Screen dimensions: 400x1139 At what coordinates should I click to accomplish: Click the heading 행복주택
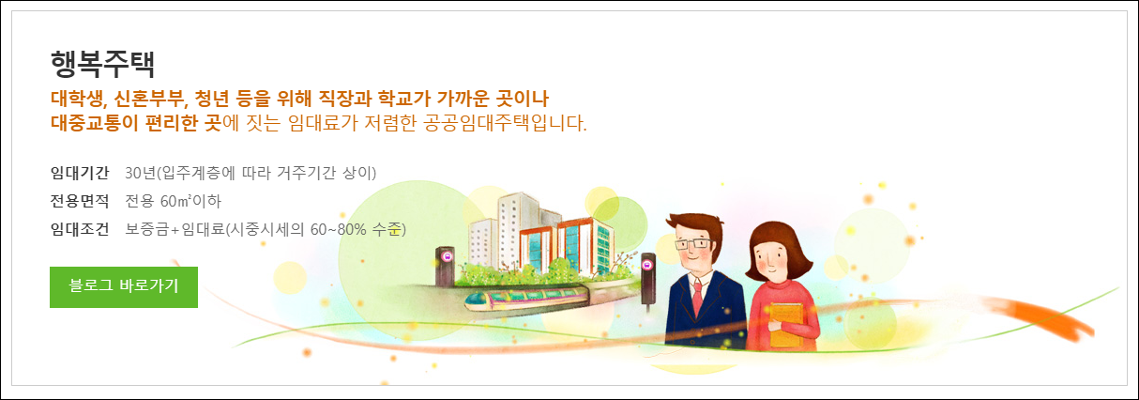point(102,63)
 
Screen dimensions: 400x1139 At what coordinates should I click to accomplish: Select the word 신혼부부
point(153,98)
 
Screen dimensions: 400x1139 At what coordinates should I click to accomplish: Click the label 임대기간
point(80,173)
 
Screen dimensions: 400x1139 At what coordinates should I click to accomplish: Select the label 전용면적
point(80,201)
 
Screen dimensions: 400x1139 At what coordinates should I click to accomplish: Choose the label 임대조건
point(80,229)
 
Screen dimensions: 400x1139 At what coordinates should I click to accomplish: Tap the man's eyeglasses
point(692,244)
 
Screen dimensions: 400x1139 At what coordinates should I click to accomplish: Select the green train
point(525,300)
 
